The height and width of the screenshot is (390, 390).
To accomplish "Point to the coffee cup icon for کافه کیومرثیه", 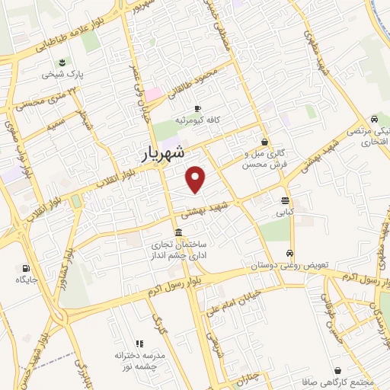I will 198,108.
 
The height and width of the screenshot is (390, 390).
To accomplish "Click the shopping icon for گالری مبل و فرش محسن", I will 264,142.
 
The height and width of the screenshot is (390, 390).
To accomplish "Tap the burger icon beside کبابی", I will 285,201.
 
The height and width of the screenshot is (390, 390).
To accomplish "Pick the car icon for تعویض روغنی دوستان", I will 289,253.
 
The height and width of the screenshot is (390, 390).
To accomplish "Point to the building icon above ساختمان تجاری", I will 178,232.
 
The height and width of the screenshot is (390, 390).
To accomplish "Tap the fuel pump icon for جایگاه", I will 27,268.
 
